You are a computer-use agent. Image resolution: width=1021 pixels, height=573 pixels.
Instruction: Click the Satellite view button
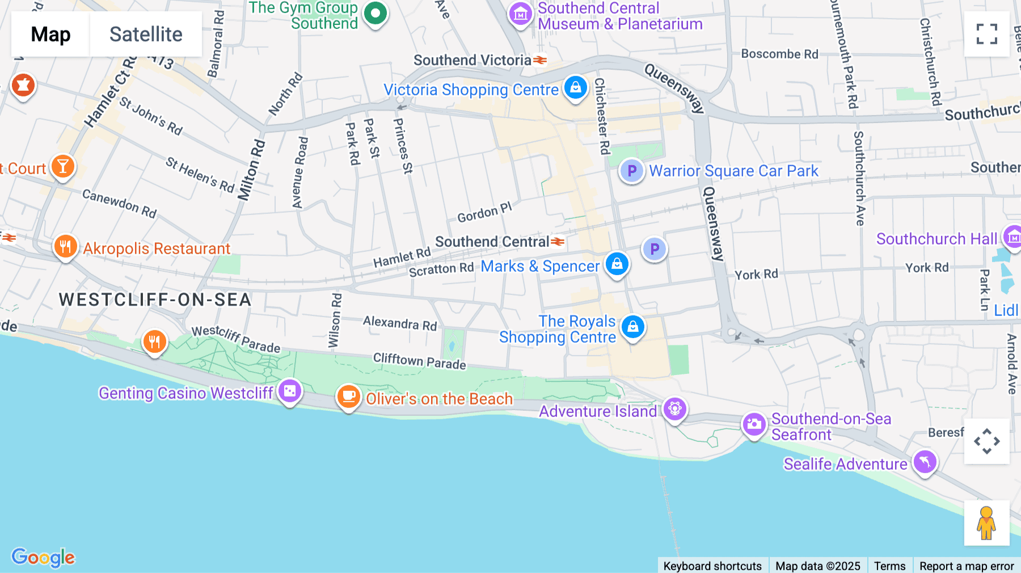(x=146, y=34)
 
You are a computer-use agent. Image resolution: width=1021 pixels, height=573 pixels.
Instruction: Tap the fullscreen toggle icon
(x=986, y=34)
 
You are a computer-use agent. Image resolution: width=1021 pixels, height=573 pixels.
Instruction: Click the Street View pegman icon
(x=986, y=523)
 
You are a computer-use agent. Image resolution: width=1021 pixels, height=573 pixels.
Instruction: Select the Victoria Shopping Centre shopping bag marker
(x=575, y=88)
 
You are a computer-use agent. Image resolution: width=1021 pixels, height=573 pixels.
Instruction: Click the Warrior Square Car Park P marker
(x=631, y=170)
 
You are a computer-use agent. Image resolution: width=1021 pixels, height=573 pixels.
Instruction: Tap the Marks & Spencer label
(x=540, y=266)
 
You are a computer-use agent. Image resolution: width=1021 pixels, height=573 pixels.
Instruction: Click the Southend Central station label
(x=492, y=242)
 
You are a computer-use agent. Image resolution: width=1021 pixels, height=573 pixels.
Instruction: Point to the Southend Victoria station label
(x=472, y=60)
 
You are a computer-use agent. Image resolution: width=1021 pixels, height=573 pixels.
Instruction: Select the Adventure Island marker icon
(x=674, y=408)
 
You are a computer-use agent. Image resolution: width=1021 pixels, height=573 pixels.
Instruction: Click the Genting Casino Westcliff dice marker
(x=290, y=391)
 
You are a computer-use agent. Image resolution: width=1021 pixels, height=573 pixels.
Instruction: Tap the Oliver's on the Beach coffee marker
(x=348, y=397)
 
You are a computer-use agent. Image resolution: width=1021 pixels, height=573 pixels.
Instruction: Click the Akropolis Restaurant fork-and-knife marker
(x=65, y=247)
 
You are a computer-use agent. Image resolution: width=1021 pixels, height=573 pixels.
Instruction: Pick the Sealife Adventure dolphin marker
(x=925, y=462)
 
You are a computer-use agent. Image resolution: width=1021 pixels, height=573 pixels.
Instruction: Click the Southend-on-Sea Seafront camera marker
(x=754, y=424)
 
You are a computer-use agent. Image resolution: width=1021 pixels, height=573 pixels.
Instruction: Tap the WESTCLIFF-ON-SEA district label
(x=155, y=300)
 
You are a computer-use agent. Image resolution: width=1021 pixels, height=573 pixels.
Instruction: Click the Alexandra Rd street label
(x=400, y=323)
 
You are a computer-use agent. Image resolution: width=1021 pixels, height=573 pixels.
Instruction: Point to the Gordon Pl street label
(x=484, y=212)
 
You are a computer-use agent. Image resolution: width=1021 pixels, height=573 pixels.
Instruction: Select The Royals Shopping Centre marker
(x=632, y=327)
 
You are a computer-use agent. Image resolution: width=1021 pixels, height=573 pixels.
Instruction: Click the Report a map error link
(x=967, y=566)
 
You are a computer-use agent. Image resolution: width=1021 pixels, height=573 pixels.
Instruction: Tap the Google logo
(x=43, y=557)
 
